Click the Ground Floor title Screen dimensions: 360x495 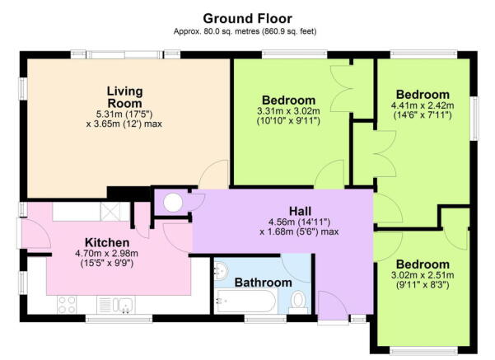pos(247,18)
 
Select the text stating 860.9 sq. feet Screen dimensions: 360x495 pos(290,32)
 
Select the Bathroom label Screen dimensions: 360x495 pos(263,283)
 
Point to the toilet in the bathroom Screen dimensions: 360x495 pos(298,299)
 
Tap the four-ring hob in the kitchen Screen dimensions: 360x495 pos(65,306)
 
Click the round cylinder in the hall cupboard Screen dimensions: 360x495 pos(173,203)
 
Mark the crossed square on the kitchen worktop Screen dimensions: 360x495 pos(110,211)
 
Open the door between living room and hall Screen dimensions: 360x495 pos(214,175)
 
